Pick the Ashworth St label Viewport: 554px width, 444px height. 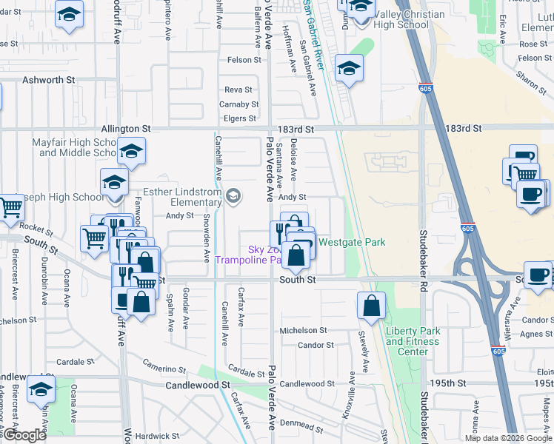point(50,79)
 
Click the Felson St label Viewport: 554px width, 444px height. point(245,60)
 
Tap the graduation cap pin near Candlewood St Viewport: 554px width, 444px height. point(41,389)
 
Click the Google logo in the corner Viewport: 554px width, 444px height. point(24,435)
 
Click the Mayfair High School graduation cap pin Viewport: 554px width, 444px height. point(131,152)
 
